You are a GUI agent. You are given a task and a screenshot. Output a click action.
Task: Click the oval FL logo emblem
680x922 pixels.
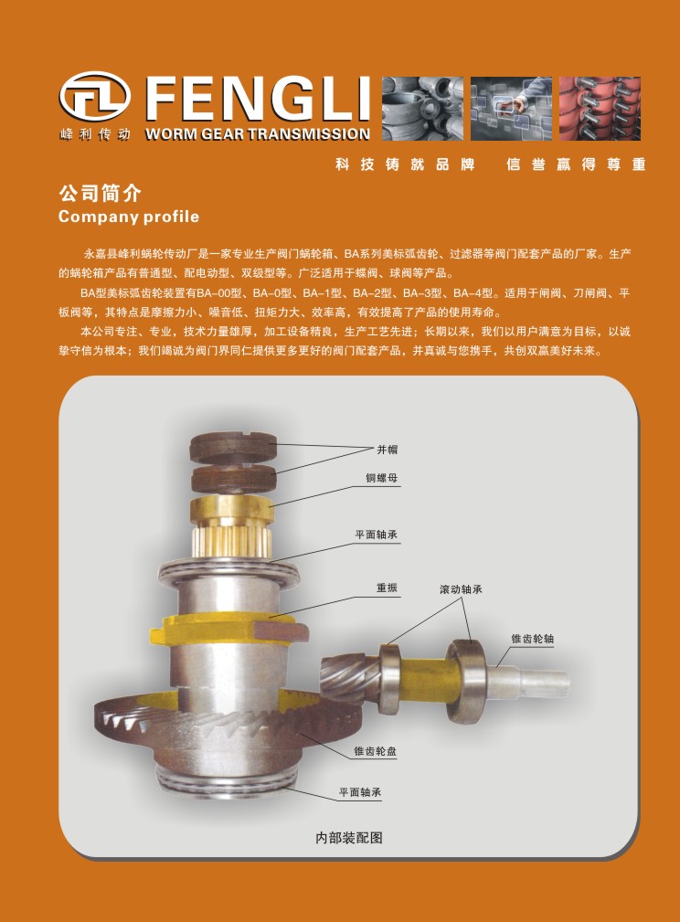tap(95, 97)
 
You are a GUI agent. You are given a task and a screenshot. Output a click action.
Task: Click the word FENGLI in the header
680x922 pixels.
tap(258, 99)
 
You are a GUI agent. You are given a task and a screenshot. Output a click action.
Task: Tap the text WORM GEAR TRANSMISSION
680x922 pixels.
tap(258, 134)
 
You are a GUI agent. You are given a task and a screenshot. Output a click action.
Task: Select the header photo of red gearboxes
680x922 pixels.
tap(600, 108)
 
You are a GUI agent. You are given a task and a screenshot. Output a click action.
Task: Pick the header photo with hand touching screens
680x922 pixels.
tap(511, 108)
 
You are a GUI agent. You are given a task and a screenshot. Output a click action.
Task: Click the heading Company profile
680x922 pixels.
tap(129, 217)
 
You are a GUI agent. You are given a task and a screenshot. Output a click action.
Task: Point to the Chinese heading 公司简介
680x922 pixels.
tap(100, 193)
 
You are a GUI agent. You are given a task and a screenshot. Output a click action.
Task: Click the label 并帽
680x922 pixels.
tap(387, 450)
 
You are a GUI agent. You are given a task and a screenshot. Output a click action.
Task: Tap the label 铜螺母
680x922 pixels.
tap(382, 478)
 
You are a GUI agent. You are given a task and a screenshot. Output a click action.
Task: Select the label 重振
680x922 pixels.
tap(387, 588)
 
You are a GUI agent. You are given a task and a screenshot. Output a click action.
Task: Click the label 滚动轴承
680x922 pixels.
tap(462, 589)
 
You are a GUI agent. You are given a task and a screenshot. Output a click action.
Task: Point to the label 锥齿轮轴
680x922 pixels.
tap(532, 639)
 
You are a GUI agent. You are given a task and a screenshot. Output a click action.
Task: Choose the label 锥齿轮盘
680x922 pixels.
tap(376, 751)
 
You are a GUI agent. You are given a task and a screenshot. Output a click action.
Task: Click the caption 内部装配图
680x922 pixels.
tap(349, 837)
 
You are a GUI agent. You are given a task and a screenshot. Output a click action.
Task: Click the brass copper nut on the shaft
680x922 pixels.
tap(232, 509)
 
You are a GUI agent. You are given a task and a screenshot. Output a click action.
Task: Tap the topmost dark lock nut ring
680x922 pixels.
tap(233, 448)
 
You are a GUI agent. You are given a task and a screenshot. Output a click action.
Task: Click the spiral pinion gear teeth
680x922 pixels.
tap(350, 678)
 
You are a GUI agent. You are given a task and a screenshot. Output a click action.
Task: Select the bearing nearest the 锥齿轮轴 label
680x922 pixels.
tap(466, 681)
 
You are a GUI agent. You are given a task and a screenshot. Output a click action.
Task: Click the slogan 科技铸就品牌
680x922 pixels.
tap(405, 164)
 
